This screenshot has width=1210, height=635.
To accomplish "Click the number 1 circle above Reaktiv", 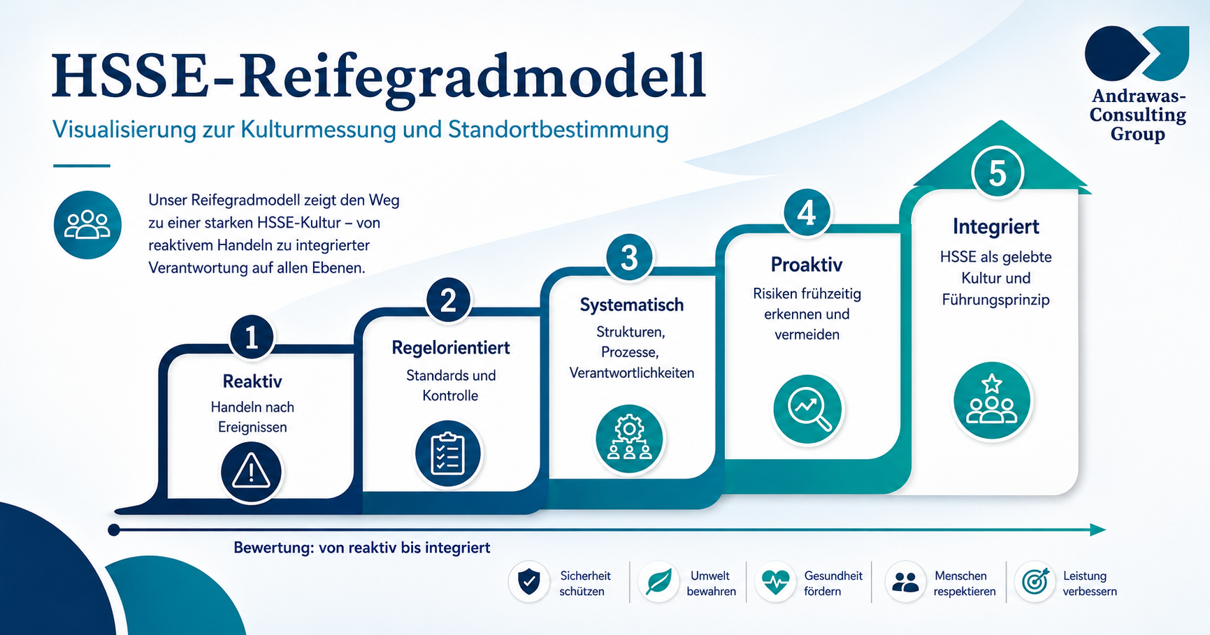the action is click(252, 337).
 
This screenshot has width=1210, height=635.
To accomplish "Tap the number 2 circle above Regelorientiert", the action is click(448, 300).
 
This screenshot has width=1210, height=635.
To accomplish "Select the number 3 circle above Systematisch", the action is click(629, 257).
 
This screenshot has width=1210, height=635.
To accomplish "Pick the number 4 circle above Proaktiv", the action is click(807, 212).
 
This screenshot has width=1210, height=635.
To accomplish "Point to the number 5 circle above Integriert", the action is click(997, 173).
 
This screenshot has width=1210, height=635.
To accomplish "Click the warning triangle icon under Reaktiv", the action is click(251, 472).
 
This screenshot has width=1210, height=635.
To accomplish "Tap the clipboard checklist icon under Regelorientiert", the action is click(447, 453).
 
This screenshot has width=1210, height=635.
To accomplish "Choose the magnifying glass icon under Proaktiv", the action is click(809, 409).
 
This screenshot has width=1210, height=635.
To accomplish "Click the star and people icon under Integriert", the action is click(992, 401).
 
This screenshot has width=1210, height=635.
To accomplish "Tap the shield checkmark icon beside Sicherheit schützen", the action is click(529, 582).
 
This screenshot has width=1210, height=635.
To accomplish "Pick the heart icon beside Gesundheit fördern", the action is click(775, 582).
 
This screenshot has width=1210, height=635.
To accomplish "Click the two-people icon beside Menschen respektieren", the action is click(906, 582).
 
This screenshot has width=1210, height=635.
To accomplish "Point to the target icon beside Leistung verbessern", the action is click(1035, 582).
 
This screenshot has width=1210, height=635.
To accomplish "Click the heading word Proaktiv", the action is click(807, 265).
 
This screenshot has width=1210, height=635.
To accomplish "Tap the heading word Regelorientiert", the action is click(451, 348).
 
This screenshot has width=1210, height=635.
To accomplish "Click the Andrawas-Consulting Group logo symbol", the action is click(1137, 53).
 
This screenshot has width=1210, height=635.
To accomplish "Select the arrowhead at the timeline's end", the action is click(1097, 530).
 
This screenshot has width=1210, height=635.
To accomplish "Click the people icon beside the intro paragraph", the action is click(87, 225).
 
